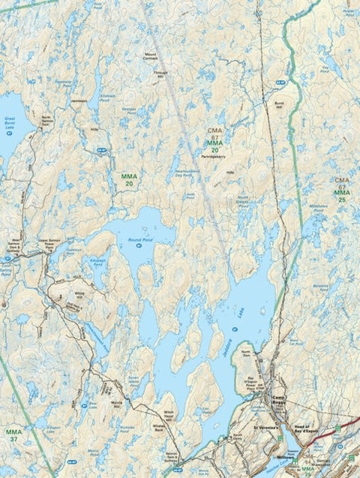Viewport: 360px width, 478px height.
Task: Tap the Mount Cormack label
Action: tap(156, 57)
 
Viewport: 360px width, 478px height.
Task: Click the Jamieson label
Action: tap(79, 101)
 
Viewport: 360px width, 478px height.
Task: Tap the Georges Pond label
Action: tap(130, 110)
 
